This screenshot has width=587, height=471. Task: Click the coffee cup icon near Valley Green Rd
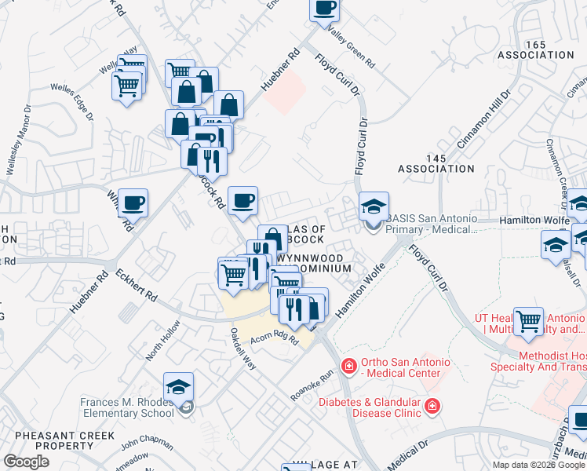click(x=325, y=9)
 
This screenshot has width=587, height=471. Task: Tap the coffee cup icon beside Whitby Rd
click(x=133, y=203)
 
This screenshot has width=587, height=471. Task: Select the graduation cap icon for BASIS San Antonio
click(x=374, y=206)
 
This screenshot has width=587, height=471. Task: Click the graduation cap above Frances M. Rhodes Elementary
click(x=178, y=387)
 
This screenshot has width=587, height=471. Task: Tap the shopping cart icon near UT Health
click(x=530, y=320)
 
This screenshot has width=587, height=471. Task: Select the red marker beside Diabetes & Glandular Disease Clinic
click(x=431, y=406)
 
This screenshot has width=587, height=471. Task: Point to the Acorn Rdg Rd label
click(x=275, y=338)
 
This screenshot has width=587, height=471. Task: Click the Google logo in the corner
click(x=26, y=461)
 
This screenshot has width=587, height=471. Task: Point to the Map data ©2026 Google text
click(x=538, y=465)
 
